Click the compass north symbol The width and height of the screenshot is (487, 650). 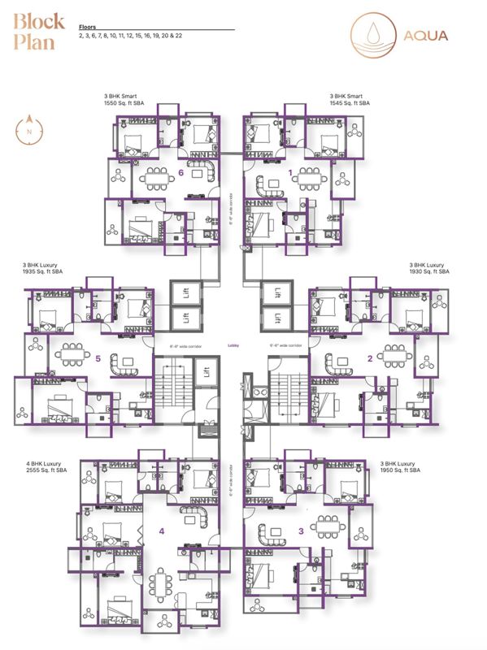[29, 129]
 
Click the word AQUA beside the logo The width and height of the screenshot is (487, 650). [426, 35]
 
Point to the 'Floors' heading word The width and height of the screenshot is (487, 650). [88, 27]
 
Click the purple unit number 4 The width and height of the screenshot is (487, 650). [162, 531]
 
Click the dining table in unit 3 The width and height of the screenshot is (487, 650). [327, 525]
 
